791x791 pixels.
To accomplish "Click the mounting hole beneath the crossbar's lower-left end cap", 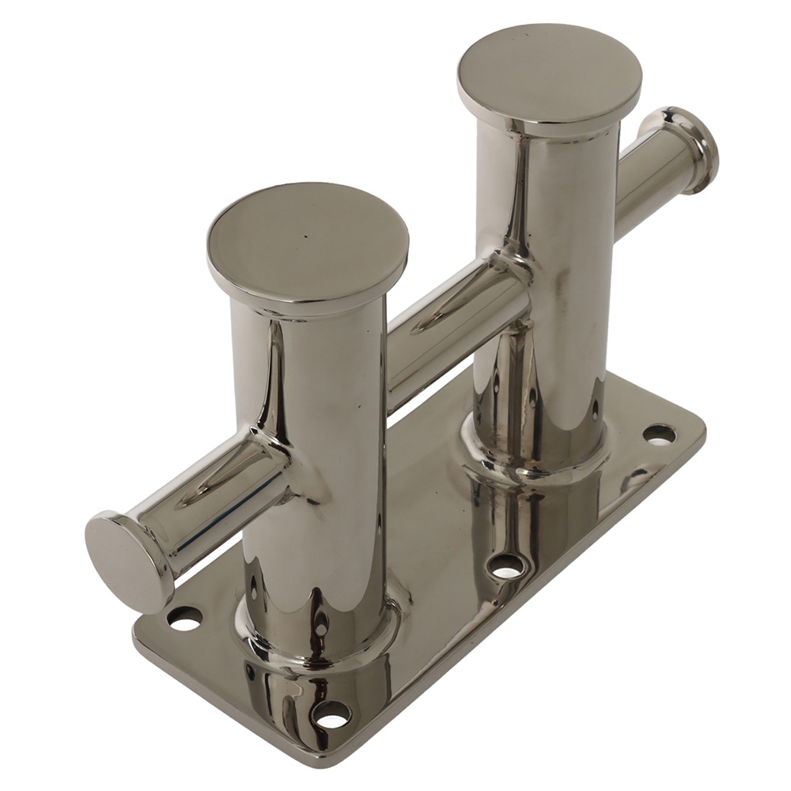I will point(184,618).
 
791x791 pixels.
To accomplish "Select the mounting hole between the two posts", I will point(506,565).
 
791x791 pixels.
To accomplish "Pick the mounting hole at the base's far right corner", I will point(659,433).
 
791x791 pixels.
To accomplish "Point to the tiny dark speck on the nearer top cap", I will point(305,235).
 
